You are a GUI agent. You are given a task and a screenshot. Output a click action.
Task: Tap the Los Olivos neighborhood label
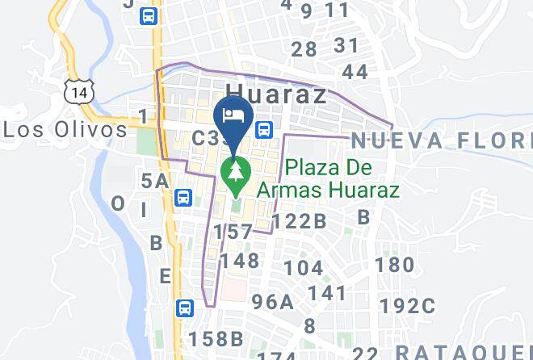point(65,129)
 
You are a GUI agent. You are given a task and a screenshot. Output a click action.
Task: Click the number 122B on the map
point(299,220)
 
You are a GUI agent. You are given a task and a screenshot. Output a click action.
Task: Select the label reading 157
point(233,232)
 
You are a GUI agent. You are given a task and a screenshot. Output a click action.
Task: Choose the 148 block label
point(240,260)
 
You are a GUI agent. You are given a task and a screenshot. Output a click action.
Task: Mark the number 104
point(304,268)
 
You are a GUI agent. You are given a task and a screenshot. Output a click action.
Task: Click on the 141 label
point(327,293)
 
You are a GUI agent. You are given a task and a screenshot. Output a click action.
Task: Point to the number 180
point(395,264)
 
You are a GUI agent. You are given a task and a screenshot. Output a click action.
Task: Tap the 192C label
point(408,306)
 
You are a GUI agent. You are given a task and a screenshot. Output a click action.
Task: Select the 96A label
point(272,302)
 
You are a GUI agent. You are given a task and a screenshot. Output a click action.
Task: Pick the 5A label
point(155,181)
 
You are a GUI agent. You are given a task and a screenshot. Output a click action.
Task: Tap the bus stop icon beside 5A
point(184,197)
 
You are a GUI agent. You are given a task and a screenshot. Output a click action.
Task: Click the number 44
point(355,72)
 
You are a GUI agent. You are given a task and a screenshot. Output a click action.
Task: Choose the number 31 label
point(346,45)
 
